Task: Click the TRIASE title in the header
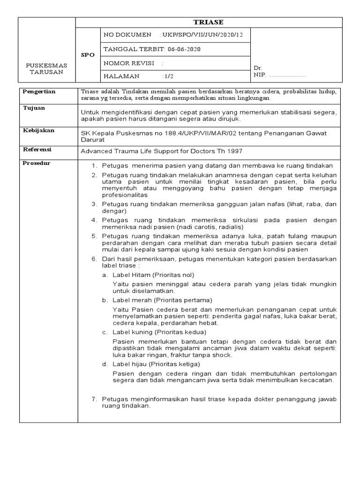tap(209, 22)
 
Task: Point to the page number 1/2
tap(168, 76)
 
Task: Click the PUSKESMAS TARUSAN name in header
tap(47, 68)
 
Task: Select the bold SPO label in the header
tap(88, 55)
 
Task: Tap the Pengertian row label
tap(39, 92)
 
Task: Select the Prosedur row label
tap(37, 163)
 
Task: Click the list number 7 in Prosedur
tap(94, 399)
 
